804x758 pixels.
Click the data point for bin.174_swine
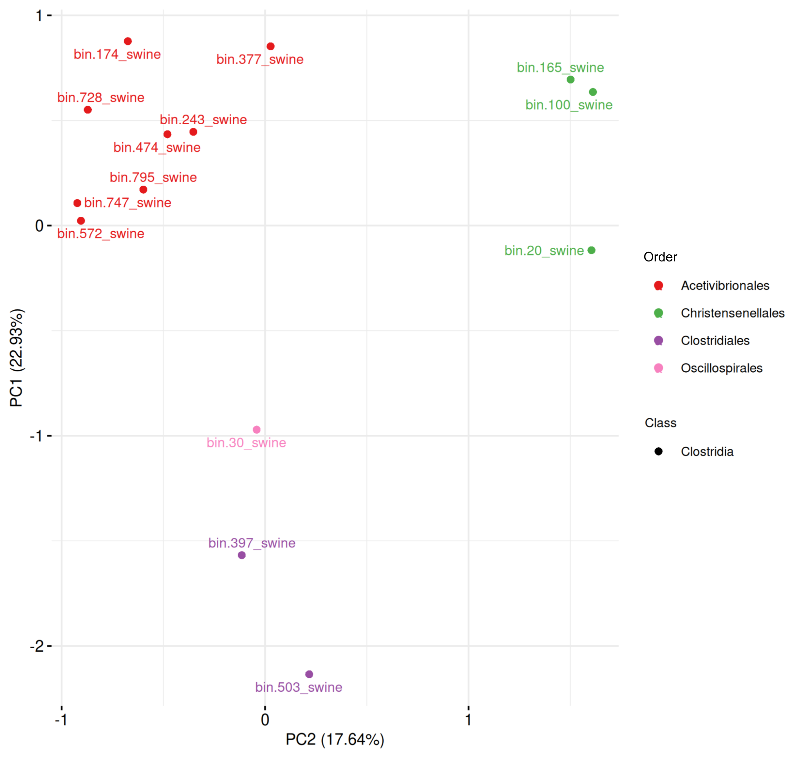(128, 41)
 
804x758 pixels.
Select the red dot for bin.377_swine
(270, 47)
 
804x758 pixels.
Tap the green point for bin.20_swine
(591, 250)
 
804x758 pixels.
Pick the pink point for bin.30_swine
(256, 430)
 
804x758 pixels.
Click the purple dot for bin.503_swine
(309, 674)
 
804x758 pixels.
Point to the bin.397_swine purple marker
(242, 555)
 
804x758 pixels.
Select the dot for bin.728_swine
(88, 110)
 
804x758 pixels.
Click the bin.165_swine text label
(560, 68)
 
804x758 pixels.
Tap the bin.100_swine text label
(569, 105)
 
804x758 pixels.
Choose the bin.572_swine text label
(101, 234)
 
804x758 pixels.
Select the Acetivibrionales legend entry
(725, 286)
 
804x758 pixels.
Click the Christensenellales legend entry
(732, 313)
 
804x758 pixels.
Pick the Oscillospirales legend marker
(658, 368)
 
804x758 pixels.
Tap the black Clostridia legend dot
(658, 451)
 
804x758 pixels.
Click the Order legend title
(660, 257)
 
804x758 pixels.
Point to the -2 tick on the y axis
(37, 646)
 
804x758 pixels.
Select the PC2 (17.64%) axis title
(335, 739)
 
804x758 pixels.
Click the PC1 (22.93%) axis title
(17, 358)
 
